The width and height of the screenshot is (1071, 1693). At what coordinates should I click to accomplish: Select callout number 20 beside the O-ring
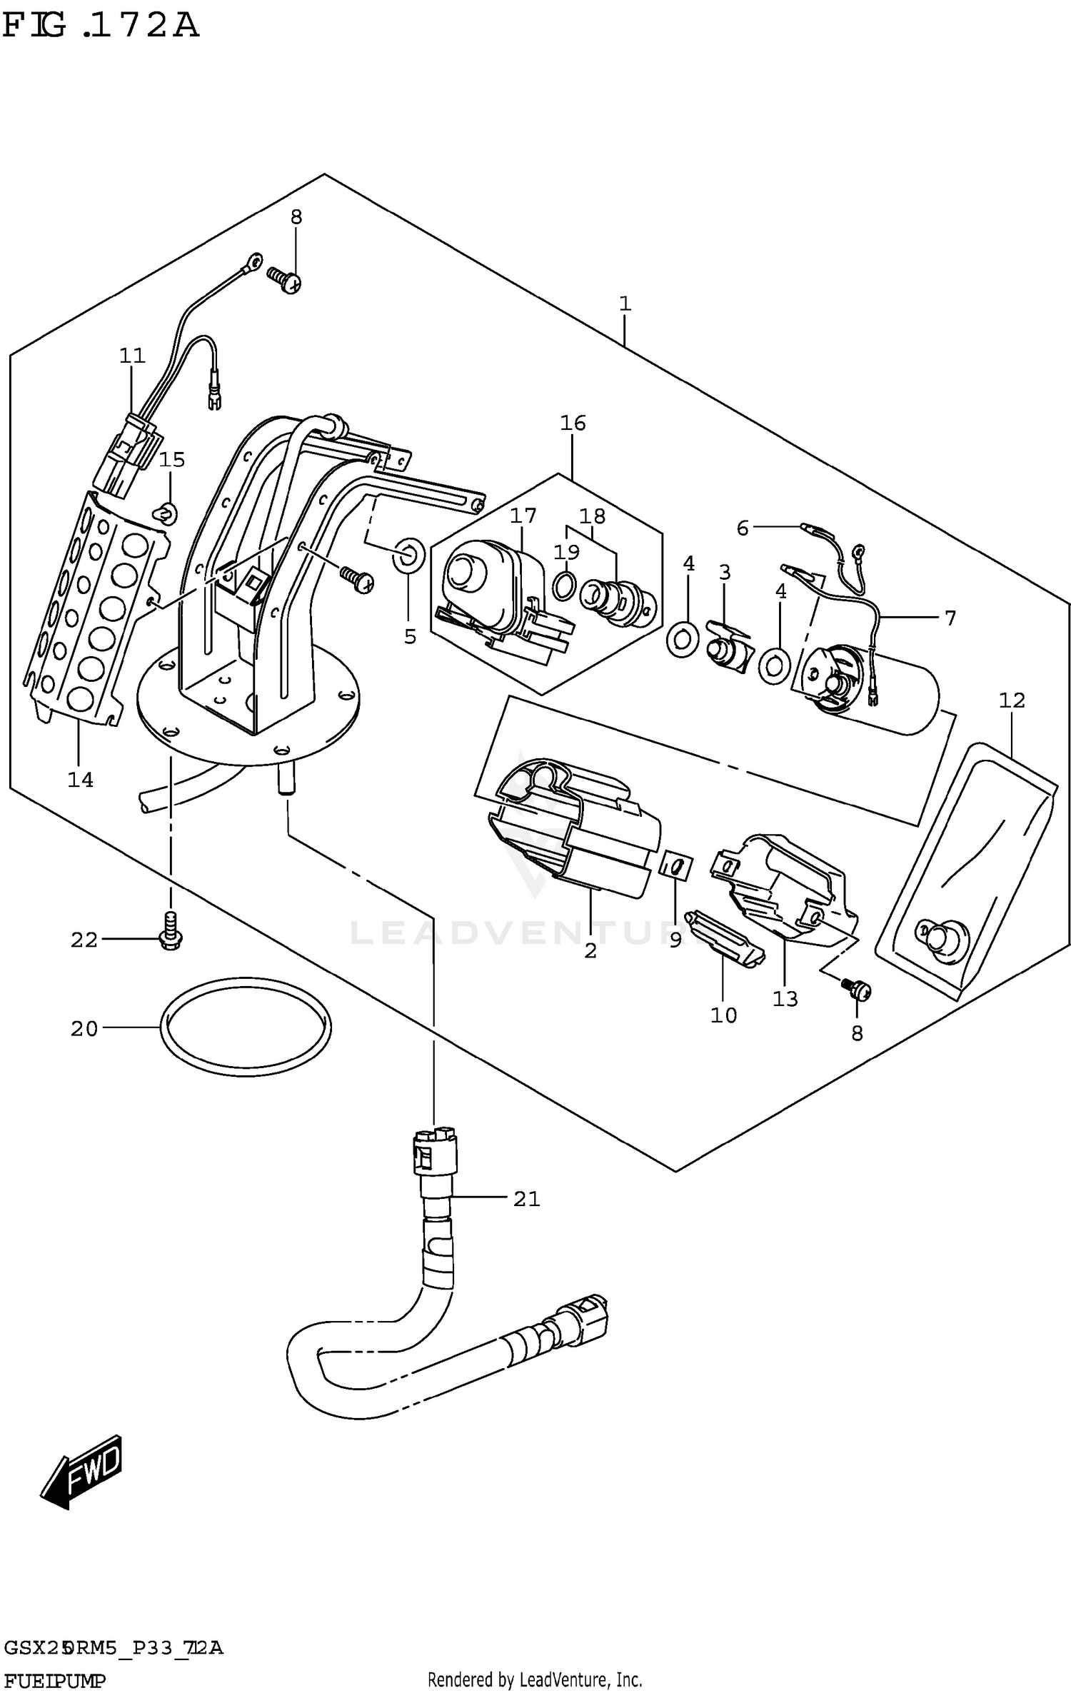[x=84, y=1028]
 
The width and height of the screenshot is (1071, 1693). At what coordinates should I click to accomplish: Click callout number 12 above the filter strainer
[x=1012, y=700]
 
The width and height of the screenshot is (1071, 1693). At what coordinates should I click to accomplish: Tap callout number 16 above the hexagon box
[x=573, y=423]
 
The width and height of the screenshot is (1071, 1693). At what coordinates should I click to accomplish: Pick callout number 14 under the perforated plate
[x=80, y=780]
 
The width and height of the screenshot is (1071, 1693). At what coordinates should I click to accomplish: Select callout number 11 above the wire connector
[x=132, y=355]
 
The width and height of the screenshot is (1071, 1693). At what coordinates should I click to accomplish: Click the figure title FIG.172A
[x=100, y=26]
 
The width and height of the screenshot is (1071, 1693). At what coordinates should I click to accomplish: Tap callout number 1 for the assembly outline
[x=625, y=303]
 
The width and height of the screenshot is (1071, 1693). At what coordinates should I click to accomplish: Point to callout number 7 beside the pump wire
[x=950, y=618]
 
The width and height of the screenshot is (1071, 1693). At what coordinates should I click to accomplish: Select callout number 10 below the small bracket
[x=723, y=1015]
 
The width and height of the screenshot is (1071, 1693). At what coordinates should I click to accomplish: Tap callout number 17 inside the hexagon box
[x=523, y=515]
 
